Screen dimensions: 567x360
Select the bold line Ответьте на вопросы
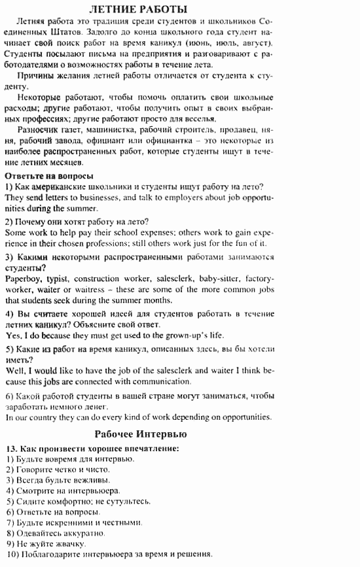(49, 176)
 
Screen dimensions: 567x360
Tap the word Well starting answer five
(15, 370)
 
